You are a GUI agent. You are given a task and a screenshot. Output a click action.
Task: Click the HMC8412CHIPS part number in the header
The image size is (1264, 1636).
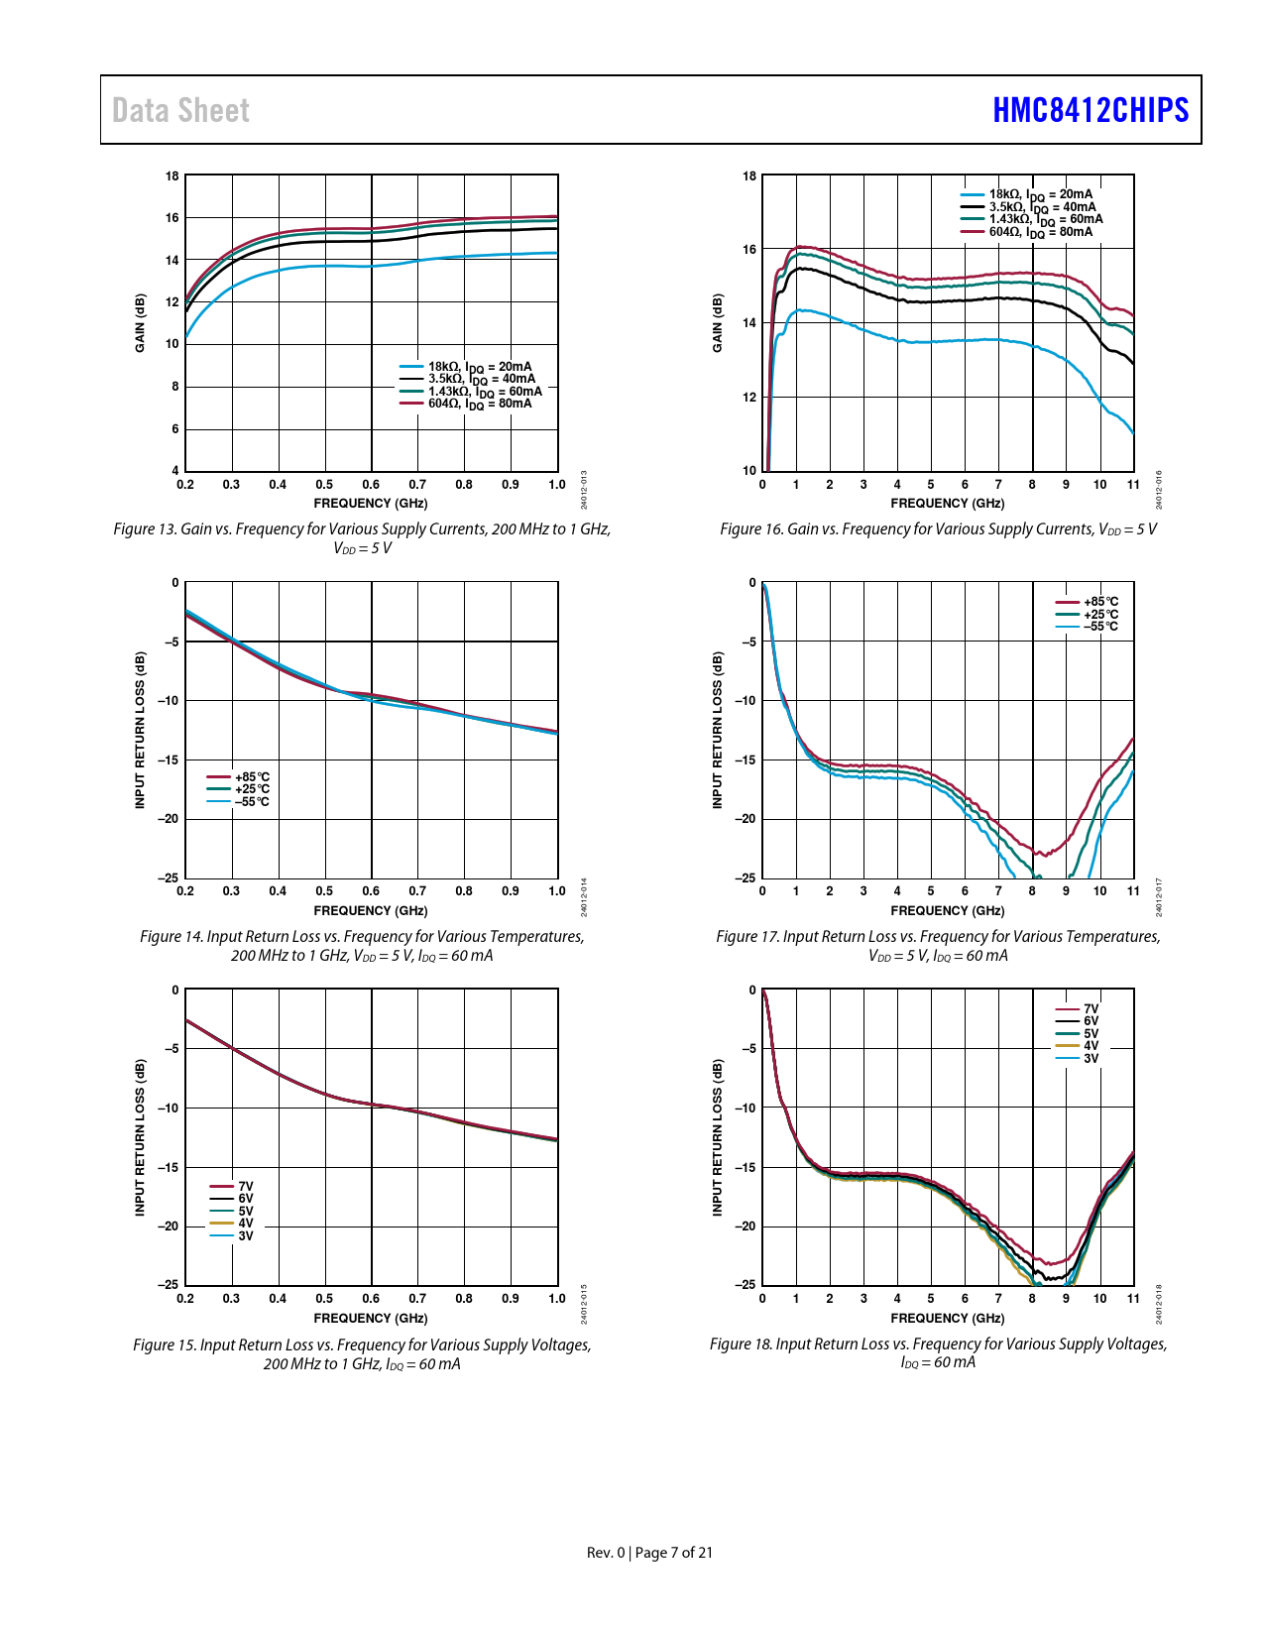[x=1090, y=110]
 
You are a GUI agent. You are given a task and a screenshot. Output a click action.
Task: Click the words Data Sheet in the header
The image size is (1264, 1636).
[x=180, y=110]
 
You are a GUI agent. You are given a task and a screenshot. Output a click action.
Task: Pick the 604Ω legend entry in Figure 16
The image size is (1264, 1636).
[x=1040, y=232]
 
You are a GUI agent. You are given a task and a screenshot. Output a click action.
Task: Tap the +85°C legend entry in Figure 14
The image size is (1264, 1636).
[x=251, y=777]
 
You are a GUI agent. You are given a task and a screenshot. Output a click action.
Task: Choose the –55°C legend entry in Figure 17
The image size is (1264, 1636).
[x=1099, y=627]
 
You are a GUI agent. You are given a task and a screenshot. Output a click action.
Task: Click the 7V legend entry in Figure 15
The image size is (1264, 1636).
[x=245, y=1187]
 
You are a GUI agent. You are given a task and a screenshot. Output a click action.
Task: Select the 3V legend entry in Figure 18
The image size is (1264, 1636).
[x=1091, y=1059]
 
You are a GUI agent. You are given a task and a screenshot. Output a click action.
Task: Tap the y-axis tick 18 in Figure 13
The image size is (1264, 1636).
[x=172, y=176]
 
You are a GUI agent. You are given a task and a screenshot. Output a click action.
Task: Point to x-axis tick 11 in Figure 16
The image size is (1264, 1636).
[x=1133, y=485]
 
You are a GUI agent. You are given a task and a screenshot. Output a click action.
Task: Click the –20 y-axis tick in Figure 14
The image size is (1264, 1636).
[x=169, y=819]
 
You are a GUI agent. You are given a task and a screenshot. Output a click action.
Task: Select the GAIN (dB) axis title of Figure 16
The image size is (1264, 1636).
[x=718, y=322]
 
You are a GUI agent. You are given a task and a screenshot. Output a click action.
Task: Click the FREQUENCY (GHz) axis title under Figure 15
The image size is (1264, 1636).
[x=371, y=1319]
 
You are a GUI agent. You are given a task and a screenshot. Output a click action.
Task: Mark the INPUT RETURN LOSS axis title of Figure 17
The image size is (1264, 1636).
[x=718, y=730]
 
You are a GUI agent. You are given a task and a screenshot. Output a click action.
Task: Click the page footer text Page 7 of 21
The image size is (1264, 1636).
[x=673, y=1553]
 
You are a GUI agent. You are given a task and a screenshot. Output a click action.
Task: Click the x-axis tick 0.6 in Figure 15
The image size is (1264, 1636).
[x=371, y=1299]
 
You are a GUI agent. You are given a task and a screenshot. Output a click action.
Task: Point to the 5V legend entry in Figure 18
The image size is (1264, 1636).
[x=1091, y=1034]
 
